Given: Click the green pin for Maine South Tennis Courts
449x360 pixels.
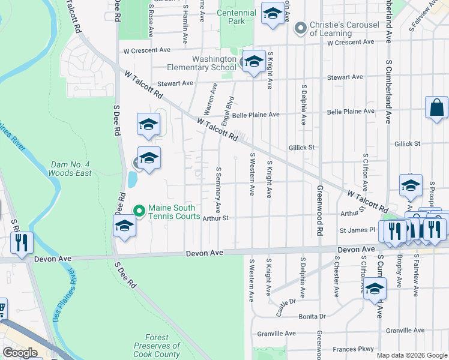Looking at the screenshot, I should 139,211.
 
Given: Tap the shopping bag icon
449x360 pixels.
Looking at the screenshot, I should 436,108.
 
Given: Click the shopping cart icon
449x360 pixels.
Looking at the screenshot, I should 2,308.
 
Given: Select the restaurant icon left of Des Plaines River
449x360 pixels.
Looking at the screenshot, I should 21,242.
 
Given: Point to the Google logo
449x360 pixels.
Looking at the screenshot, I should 20,353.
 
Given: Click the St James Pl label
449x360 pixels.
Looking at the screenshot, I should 357,230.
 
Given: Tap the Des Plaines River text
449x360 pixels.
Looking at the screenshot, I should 65,298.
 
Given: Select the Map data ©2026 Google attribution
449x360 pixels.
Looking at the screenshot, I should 412,355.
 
